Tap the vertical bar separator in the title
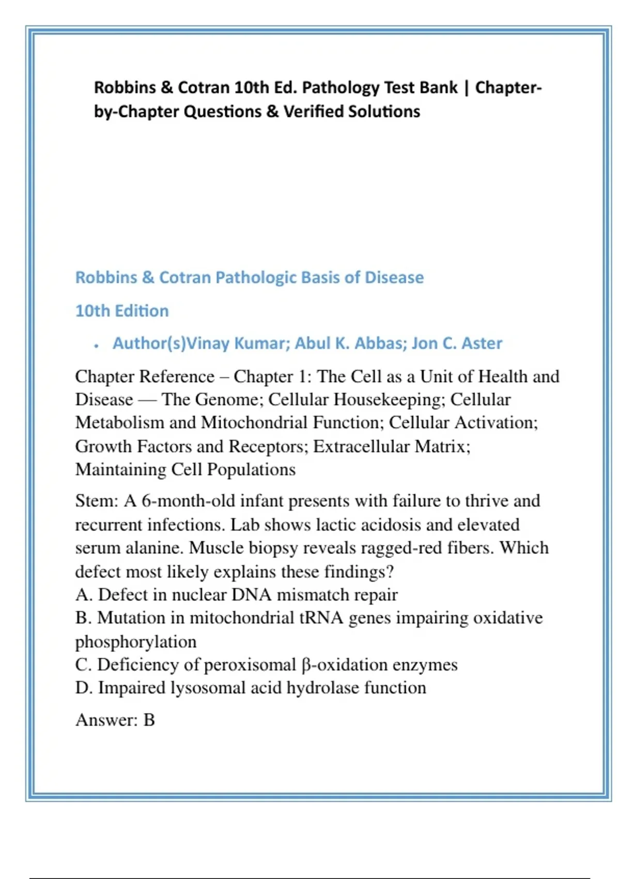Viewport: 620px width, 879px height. tap(466, 87)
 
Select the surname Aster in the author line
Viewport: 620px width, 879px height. tap(482, 343)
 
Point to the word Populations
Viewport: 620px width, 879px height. tap(251, 469)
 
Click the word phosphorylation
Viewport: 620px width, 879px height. tap(136, 642)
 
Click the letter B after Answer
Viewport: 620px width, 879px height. tap(149, 720)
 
